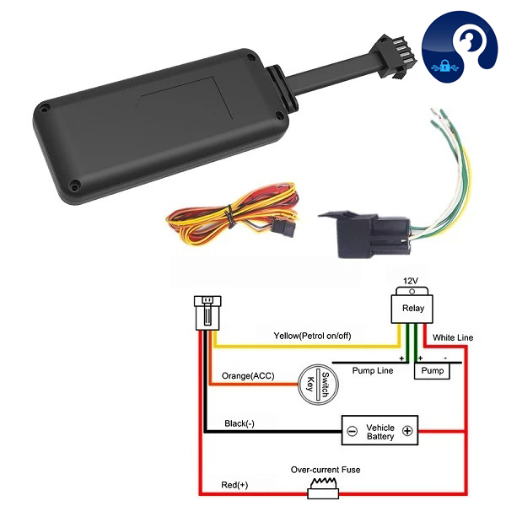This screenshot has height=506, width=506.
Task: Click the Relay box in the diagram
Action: (413, 309)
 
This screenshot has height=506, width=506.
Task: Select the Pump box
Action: (432, 371)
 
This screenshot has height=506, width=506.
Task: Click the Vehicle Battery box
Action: (379, 430)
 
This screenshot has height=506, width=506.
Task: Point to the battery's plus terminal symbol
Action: (407, 430)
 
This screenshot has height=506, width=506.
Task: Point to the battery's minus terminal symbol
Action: (352, 430)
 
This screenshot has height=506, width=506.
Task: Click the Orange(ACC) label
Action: (250, 376)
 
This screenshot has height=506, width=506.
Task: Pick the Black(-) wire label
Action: (240, 423)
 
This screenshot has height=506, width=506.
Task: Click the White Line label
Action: (453, 338)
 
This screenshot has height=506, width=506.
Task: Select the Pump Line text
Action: (373, 370)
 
